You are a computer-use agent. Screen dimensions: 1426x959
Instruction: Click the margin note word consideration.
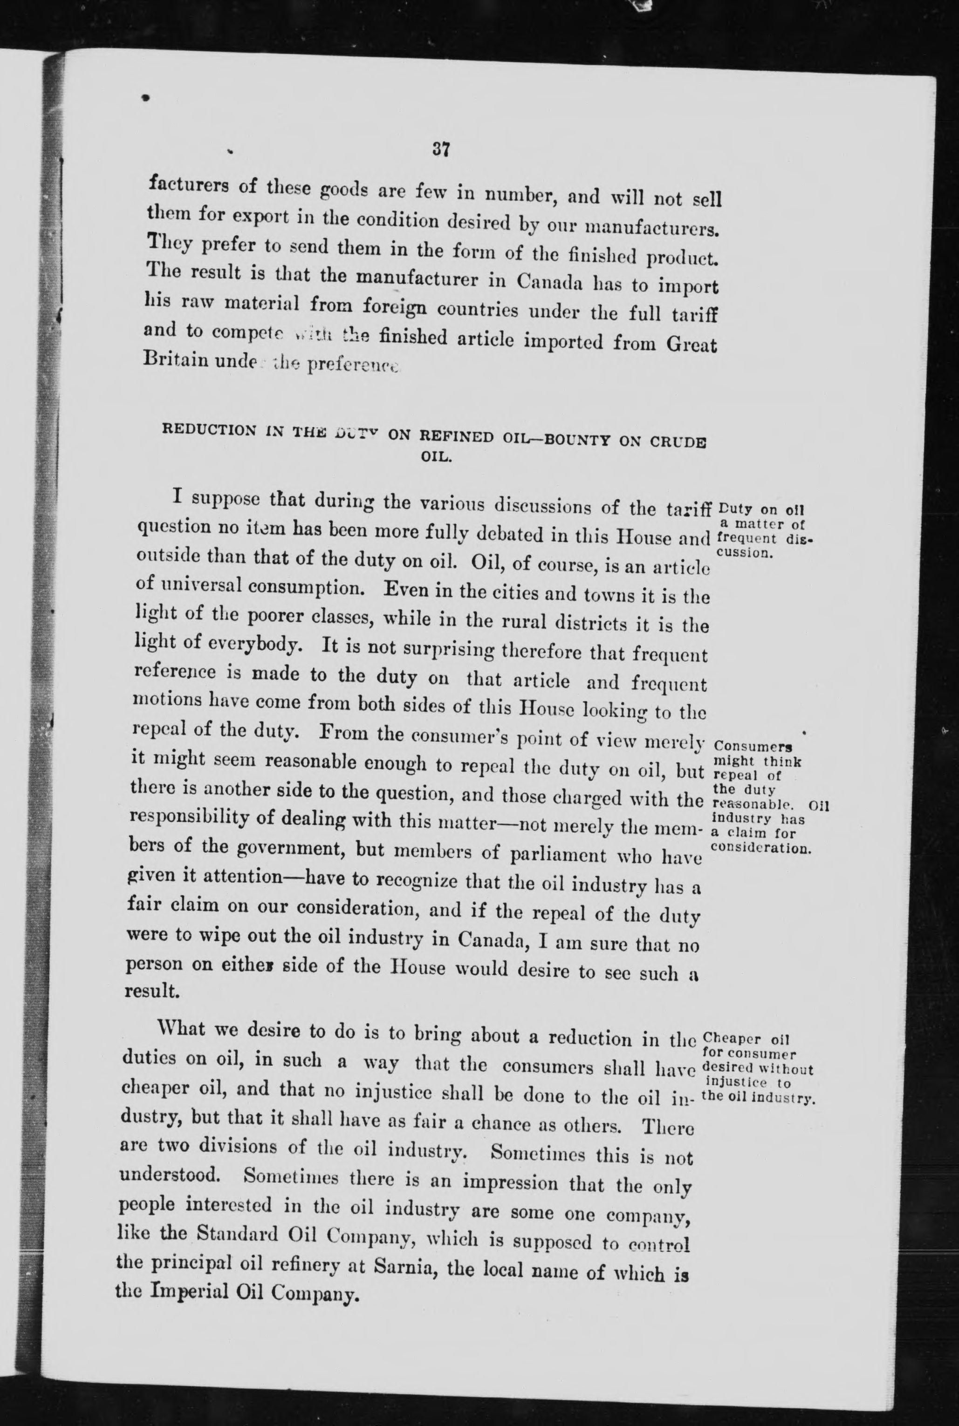click(762, 849)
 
